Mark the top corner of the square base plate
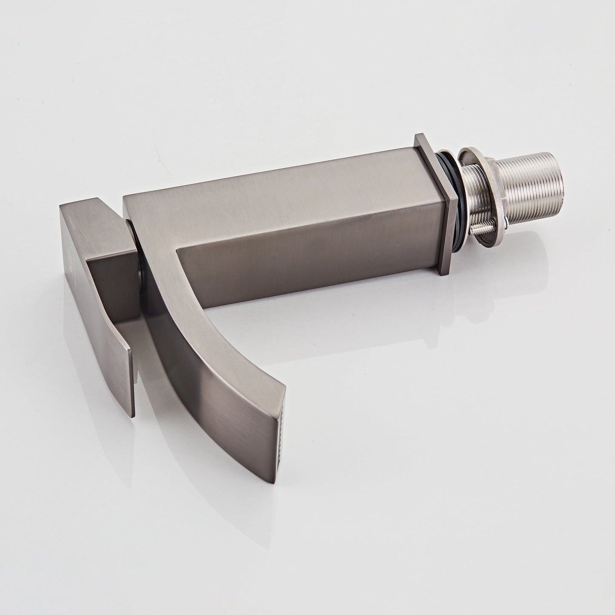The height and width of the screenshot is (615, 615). point(419,136)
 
